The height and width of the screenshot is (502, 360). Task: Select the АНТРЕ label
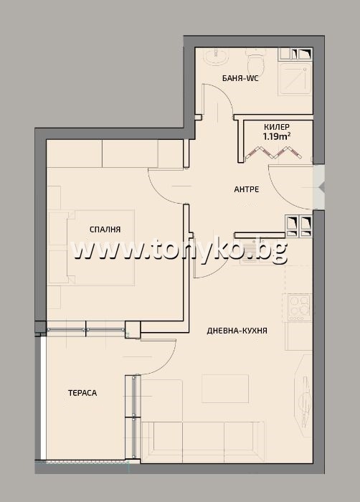(247, 189)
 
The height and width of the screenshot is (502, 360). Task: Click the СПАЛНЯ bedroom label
(105, 229)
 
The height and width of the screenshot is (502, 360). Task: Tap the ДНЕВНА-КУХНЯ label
(237, 331)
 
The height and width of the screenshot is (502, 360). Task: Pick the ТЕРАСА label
(82, 392)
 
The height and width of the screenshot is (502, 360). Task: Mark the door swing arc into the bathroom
(215, 100)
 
